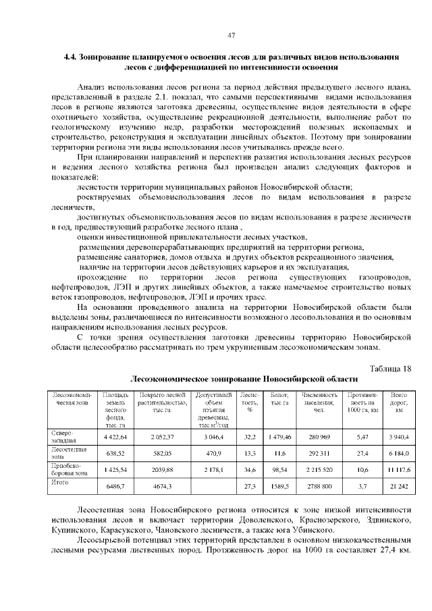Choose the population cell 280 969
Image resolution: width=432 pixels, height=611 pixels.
tap(319, 437)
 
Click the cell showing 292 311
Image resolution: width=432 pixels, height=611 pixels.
tap(319, 454)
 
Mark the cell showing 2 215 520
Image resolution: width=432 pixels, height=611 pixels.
tap(319, 469)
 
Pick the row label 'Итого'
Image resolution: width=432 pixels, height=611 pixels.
tap(59, 482)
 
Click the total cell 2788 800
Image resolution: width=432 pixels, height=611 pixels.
tap(319, 486)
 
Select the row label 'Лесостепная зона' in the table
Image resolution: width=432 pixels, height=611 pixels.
tap(66, 453)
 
